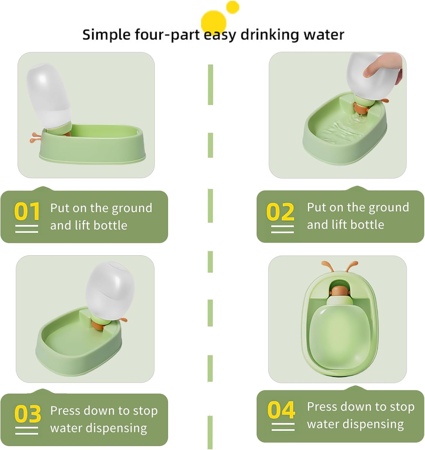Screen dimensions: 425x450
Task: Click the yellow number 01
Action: tap(27, 211)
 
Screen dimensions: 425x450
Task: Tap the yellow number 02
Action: tap(280, 211)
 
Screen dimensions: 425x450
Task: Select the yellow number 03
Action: tap(27, 414)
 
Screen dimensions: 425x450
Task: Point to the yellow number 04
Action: tap(281, 410)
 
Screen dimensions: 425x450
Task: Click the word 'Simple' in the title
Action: tap(106, 35)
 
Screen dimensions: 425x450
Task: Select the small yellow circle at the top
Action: tap(233, 7)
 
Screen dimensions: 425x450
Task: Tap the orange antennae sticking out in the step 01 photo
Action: tap(35, 137)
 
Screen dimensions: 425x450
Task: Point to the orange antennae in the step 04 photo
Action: tap(339, 266)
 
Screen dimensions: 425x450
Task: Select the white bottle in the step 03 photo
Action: tap(110, 291)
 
